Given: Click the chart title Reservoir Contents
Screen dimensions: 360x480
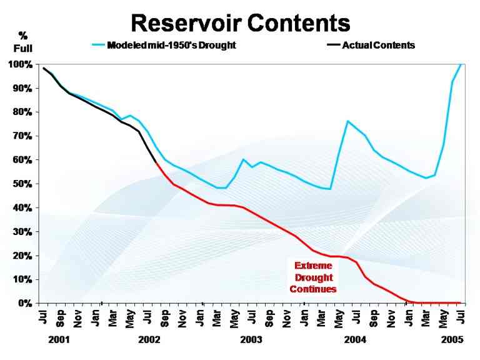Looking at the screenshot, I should click(240, 23).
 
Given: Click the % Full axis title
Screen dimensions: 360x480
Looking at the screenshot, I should click(23, 41).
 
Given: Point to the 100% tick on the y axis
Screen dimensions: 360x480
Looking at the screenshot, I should click(21, 64).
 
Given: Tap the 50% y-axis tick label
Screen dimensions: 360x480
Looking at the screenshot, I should click(22, 184).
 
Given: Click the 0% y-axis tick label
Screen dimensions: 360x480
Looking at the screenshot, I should click(25, 304).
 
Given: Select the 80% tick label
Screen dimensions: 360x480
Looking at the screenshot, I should click(22, 112).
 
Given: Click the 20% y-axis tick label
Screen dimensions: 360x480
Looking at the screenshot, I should click(22, 256).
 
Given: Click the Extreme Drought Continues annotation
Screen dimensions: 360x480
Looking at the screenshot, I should click(313, 277).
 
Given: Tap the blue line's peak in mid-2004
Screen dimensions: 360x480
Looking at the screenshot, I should click(347, 121).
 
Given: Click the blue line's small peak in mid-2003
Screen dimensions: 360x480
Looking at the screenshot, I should click(243, 159).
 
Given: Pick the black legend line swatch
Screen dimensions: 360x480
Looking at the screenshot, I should click(333, 45).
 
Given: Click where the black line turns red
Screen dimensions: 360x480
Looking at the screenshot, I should click(155, 162).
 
